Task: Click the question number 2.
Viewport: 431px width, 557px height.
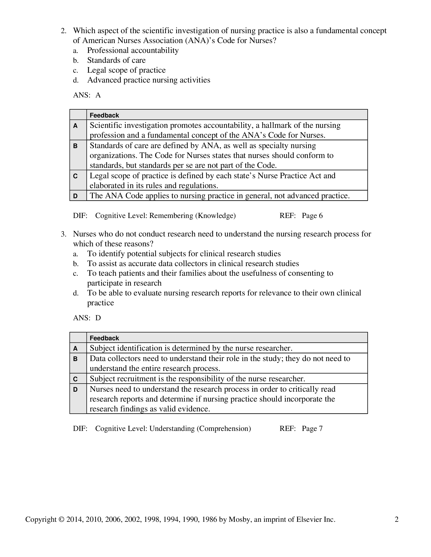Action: pos(63,31)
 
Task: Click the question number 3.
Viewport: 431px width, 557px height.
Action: pos(63,234)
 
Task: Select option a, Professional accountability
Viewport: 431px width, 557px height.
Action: pos(133,50)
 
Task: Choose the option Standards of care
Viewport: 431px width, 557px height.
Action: pos(116,60)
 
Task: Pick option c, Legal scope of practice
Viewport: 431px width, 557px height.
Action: pos(126,70)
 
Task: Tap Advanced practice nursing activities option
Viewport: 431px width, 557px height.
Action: pos(149,80)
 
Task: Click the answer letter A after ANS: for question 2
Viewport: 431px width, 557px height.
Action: pos(98,95)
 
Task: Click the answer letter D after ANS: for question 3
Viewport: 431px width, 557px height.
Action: pos(98,318)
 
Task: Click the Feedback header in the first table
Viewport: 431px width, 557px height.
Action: pos(104,115)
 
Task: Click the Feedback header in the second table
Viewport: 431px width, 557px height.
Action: pos(104,338)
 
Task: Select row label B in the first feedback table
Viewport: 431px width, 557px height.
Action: pos(75,146)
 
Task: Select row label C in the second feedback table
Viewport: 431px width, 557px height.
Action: pos(75,379)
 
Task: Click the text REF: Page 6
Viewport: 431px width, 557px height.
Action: pos(301,216)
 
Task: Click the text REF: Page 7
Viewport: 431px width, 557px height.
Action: pos(301,428)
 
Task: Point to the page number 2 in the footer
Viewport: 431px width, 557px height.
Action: pos(397,520)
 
